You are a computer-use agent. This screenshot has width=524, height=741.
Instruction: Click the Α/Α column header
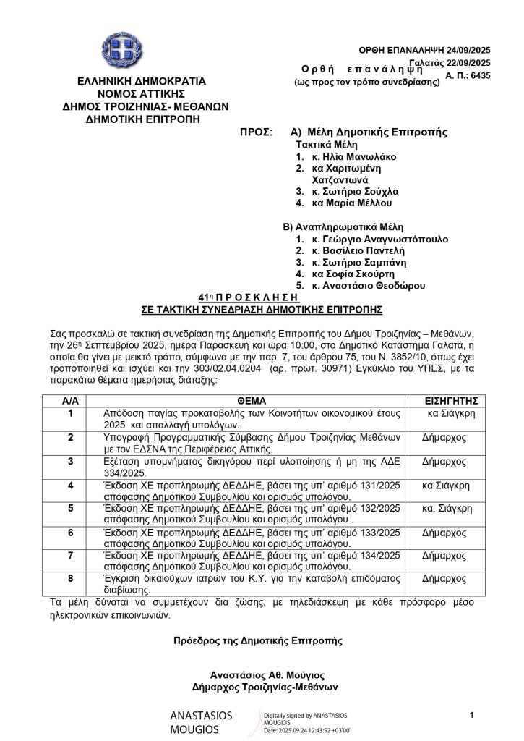(x=70, y=399)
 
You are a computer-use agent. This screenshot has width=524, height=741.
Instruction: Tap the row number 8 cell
(x=70, y=579)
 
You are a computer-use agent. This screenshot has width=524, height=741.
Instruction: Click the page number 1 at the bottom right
(x=471, y=716)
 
